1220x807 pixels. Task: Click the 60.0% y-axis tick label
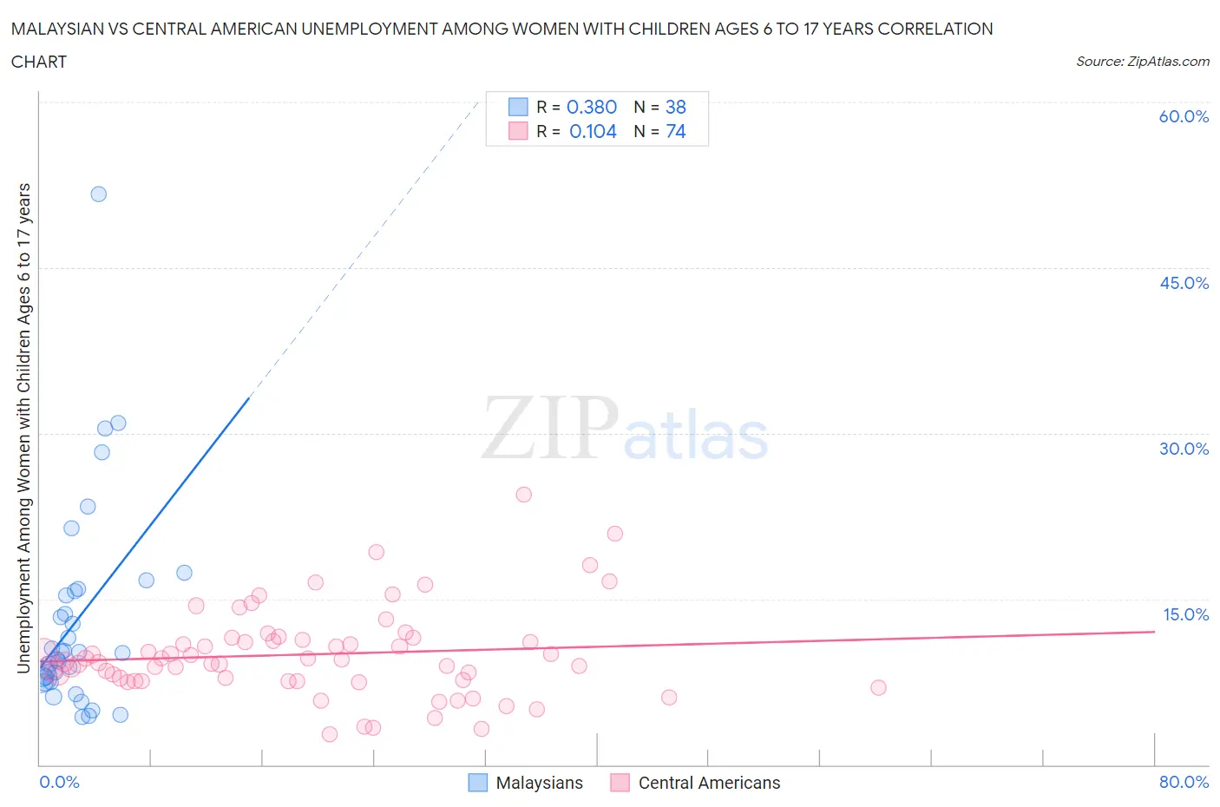pyautogui.click(x=1184, y=116)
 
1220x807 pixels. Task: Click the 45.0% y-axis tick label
pyautogui.click(x=1184, y=283)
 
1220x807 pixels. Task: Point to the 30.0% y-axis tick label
pyautogui.click(x=1184, y=449)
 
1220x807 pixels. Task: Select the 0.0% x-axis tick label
pyautogui.click(x=59, y=782)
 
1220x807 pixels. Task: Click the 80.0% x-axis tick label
pyautogui.click(x=1184, y=782)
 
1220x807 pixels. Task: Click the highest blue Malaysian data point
pyautogui.click(x=99, y=194)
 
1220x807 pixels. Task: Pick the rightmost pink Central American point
pyautogui.click(x=878, y=687)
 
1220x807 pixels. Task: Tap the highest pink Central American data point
pyautogui.click(x=523, y=495)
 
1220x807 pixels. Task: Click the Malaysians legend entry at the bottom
pyautogui.click(x=526, y=783)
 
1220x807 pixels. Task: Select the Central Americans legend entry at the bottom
pyautogui.click(x=695, y=783)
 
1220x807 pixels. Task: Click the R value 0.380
pyautogui.click(x=591, y=107)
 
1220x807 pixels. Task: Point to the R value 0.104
pyautogui.click(x=593, y=131)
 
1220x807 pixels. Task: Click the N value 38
pyautogui.click(x=675, y=107)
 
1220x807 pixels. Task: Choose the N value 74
pyautogui.click(x=675, y=131)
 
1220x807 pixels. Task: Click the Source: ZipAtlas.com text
pyautogui.click(x=1142, y=61)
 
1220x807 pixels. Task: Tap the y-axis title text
pyautogui.click(x=23, y=428)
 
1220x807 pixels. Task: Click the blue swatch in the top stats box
pyautogui.click(x=518, y=107)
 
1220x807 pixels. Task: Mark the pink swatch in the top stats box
pyautogui.click(x=518, y=131)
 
